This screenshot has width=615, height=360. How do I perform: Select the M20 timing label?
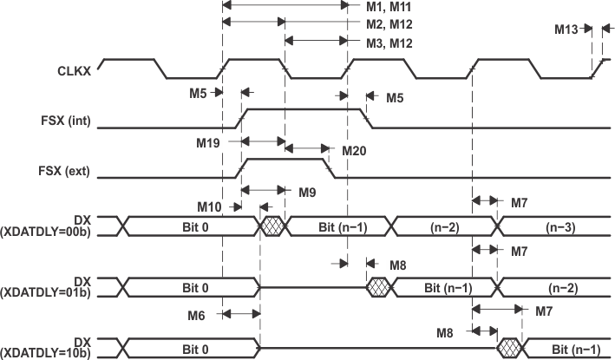click(x=353, y=150)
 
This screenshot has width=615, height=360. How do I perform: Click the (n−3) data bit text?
click(x=556, y=226)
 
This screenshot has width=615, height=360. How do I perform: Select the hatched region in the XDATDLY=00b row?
click(x=273, y=226)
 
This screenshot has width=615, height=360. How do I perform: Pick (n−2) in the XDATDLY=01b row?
click(x=556, y=286)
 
